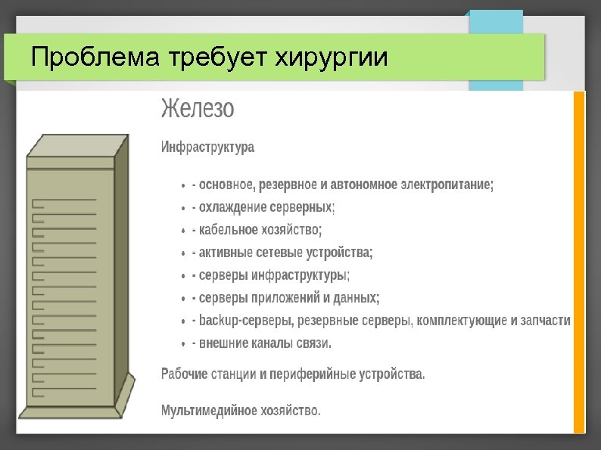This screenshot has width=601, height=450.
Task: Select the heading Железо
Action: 198,109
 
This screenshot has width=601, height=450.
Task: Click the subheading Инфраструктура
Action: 207,147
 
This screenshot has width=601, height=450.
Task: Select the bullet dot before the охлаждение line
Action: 184,208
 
